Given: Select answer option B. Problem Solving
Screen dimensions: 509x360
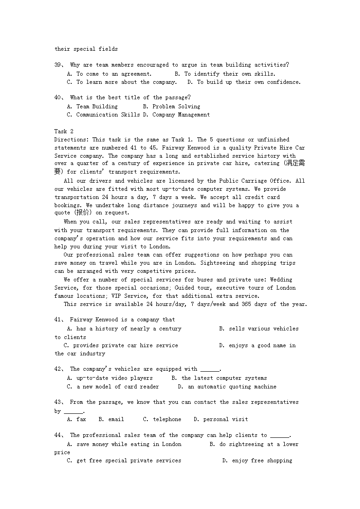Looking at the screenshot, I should (x=171, y=107).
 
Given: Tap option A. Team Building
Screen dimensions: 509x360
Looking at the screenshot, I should (x=92, y=107).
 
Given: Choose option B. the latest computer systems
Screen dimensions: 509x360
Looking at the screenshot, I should (x=219, y=378).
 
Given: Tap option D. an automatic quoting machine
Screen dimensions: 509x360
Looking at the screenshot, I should (x=227, y=387).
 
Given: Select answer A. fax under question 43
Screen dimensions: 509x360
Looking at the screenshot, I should (x=76, y=419).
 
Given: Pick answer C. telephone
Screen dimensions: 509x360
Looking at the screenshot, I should (x=162, y=419).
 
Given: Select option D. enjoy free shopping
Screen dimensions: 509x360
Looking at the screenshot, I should (x=257, y=461).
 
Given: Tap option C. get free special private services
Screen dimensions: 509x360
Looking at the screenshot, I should (x=124, y=461).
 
